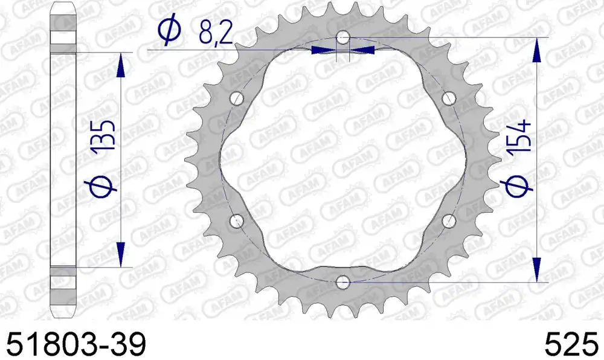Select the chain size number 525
click(x=571, y=344)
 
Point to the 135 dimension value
click(x=104, y=135)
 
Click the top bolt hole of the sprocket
click(x=343, y=37)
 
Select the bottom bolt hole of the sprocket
click(x=343, y=283)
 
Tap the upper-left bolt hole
click(x=237, y=98)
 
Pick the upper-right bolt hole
click(x=449, y=98)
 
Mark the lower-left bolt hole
click(x=237, y=221)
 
